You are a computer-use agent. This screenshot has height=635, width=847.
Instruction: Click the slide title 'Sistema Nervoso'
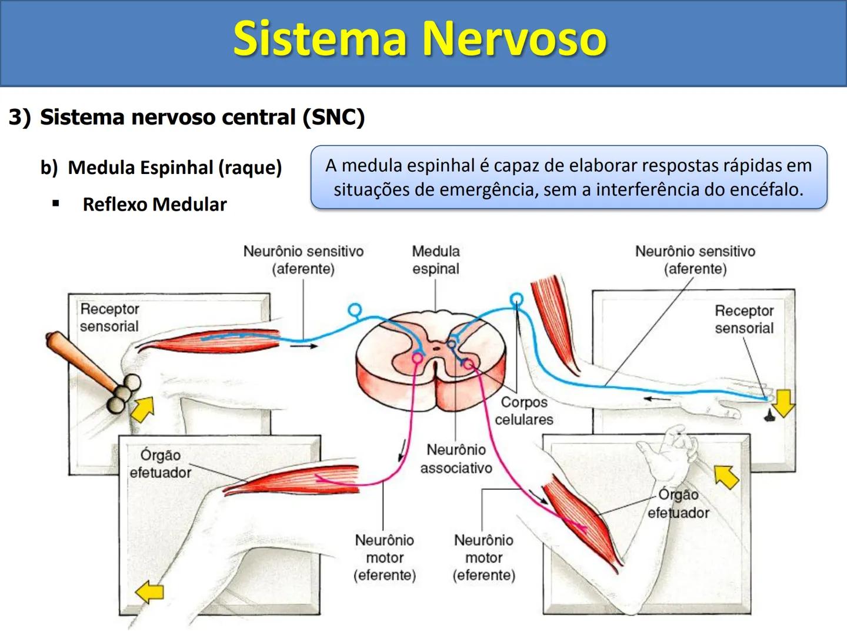(x=419, y=39)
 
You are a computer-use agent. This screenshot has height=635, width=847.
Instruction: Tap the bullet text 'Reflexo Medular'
(x=154, y=205)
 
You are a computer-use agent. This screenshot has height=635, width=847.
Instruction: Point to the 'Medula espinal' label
(x=435, y=260)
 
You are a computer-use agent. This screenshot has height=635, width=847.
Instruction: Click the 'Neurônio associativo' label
(x=456, y=459)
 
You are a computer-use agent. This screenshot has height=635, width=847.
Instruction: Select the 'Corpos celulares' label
(x=523, y=410)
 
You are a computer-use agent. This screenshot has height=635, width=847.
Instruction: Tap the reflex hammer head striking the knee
(x=124, y=393)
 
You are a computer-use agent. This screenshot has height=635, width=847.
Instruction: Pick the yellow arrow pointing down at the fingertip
(x=783, y=402)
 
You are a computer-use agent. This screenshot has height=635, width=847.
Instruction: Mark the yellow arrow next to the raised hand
(x=727, y=476)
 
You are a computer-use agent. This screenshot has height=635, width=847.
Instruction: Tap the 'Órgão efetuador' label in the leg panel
(x=160, y=463)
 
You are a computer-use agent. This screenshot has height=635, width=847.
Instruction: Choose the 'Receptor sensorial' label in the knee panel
(x=109, y=317)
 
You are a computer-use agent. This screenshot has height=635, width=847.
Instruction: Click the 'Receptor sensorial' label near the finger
(x=744, y=319)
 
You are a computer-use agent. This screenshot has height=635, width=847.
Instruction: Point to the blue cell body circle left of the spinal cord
(x=355, y=309)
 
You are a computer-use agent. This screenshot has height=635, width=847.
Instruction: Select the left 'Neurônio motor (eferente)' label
(x=385, y=557)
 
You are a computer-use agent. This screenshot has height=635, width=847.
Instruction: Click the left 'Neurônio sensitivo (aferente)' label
(x=304, y=260)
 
